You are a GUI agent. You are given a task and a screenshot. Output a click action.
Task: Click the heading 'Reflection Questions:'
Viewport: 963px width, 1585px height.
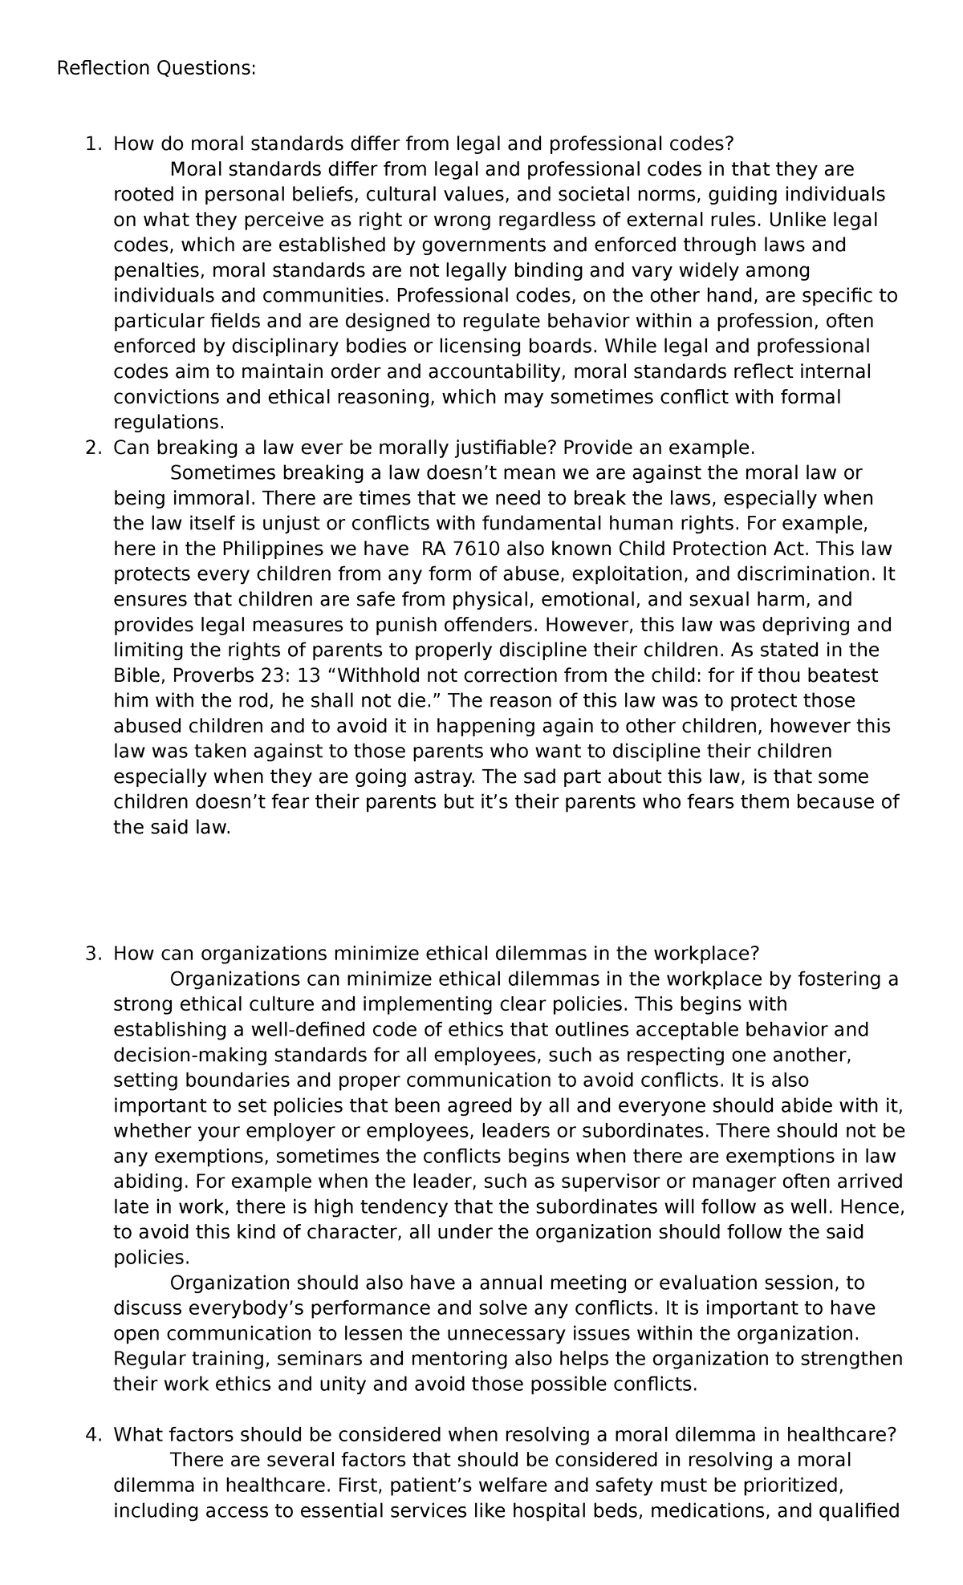tap(156, 69)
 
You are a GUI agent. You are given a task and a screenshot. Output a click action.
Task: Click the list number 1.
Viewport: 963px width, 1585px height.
tap(92, 144)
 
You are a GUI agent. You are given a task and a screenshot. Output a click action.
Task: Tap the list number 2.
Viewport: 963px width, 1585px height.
tap(92, 448)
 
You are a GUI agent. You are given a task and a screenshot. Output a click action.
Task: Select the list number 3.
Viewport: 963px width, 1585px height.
tap(92, 954)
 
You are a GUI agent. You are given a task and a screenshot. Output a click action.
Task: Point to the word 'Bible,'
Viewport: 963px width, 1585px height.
tap(138, 675)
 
